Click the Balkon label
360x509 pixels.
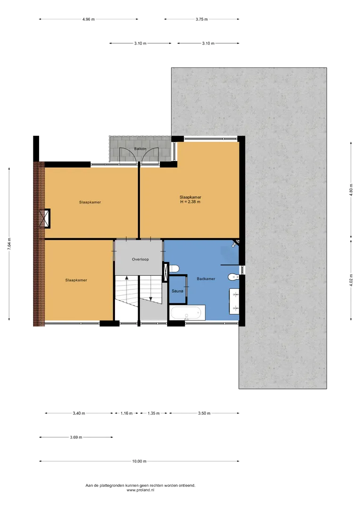pos(140,148)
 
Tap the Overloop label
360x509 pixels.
pos(140,259)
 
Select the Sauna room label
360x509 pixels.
pos(178,291)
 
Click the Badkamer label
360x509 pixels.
pos(206,279)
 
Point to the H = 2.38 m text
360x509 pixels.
pos(190,202)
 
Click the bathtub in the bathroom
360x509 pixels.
pos(188,313)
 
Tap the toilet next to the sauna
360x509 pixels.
pos(174,269)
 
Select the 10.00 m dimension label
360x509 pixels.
pos(139,461)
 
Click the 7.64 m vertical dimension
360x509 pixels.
pos(9,244)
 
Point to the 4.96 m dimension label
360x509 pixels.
pos(89,19)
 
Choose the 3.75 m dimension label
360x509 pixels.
pos(202,19)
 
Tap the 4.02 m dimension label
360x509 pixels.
pos(351,280)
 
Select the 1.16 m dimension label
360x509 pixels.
pos(127,414)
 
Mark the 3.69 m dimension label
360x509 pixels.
pos(76,437)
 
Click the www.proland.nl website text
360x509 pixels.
pos(140,490)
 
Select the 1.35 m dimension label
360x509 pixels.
pos(154,414)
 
